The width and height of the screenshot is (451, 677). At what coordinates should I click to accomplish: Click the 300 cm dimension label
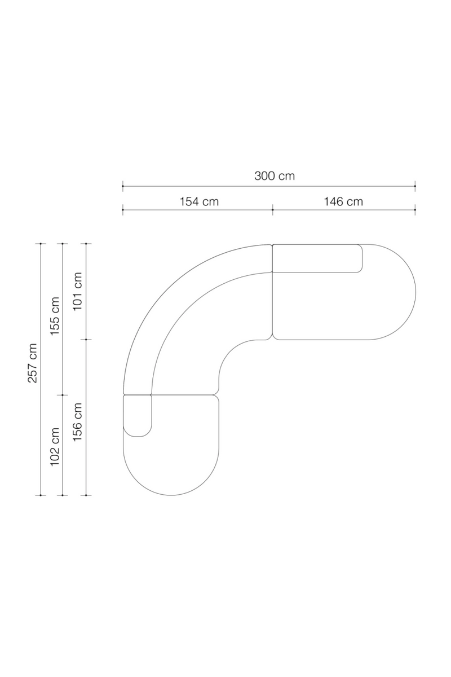point(275,176)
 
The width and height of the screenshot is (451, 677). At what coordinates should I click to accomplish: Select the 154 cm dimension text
point(199,201)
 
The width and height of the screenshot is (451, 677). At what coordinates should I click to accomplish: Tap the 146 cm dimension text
point(343,201)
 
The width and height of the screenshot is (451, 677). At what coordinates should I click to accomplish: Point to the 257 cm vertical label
point(32,363)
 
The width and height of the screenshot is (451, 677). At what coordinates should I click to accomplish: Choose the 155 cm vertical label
point(55,316)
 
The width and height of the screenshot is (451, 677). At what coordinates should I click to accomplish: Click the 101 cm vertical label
point(78,291)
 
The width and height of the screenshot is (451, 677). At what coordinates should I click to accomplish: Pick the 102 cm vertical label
point(55,447)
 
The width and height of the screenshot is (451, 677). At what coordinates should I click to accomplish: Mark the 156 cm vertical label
point(78,422)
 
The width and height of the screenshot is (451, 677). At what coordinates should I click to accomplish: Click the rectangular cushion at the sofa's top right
point(317,258)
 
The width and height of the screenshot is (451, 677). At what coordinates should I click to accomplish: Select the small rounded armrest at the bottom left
point(138,416)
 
